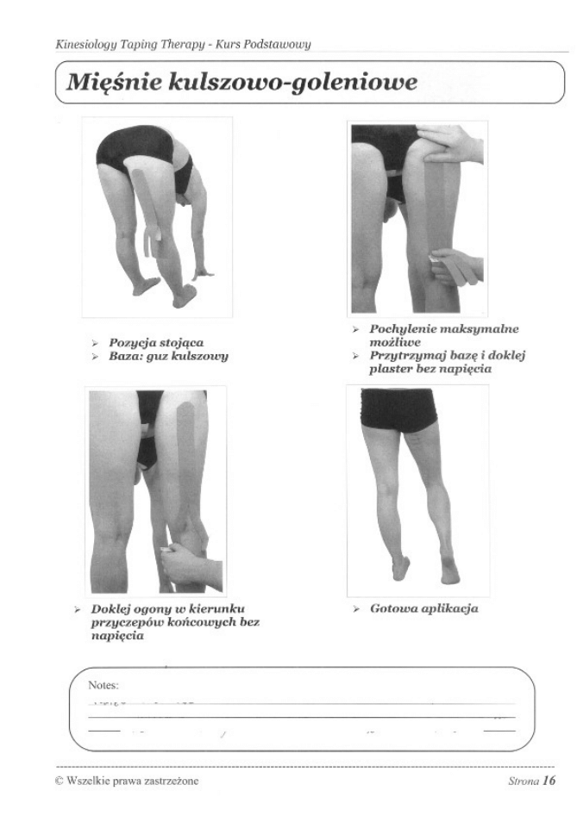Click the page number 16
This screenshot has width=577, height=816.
coord(549,780)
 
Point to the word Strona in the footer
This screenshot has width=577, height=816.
coord(524,781)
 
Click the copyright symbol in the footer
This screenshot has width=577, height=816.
coord(60,781)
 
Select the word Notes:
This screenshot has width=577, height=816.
coord(103,685)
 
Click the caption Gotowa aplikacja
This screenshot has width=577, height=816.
coord(423,608)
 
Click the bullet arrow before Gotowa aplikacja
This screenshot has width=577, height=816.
coord(356,609)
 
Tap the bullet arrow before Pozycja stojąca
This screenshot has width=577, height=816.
coord(95,343)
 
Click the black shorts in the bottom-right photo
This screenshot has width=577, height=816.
coord(398,410)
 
